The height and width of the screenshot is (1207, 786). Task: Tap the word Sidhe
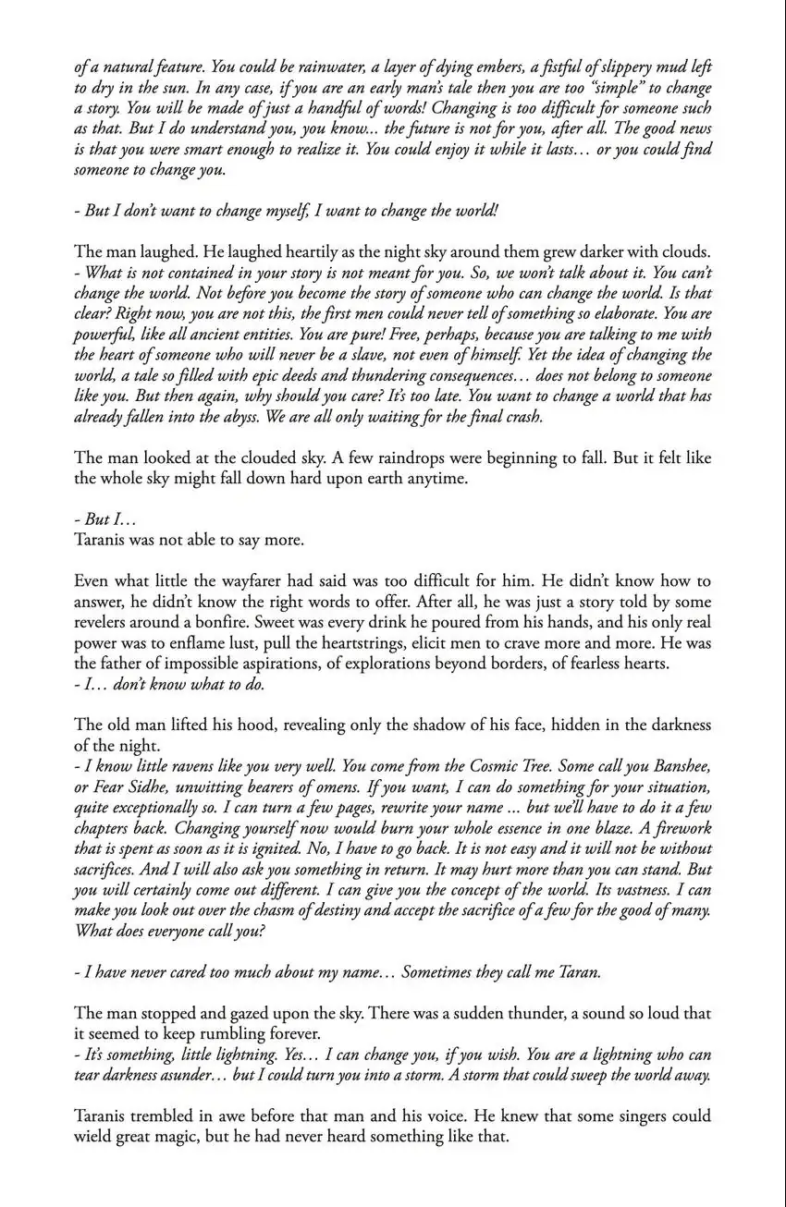click(154, 786)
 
